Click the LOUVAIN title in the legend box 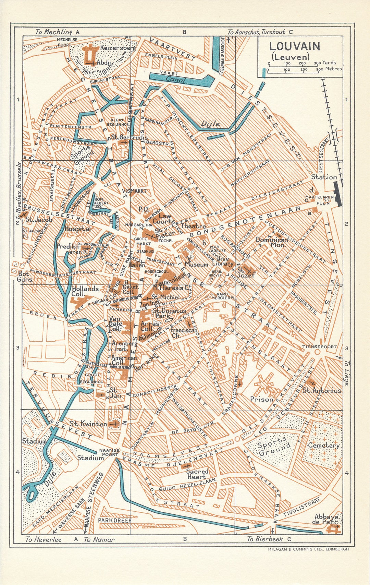pyautogui.click(x=289, y=46)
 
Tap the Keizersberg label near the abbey pyautogui.click(x=118, y=48)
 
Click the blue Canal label pyautogui.click(x=175, y=80)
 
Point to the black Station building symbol pyautogui.click(x=337, y=194)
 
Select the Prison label pyautogui.click(x=261, y=399)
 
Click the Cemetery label pyautogui.click(x=323, y=445)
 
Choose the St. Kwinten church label pyautogui.click(x=88, y=424)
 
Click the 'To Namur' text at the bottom pyautogui.click(x=99, y=539)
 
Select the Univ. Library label pyautogui.click(x=223, y=261)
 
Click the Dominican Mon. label pyautogui.click(x=272, y=242)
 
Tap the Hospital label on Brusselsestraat pyautogui.click(x=77, y=229)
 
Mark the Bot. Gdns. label pyautogui.click(x=25, y=277)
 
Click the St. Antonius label pyautogui.click(x=322, y=390)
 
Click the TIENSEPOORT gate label pyautogui.click(x=319, y=347)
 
